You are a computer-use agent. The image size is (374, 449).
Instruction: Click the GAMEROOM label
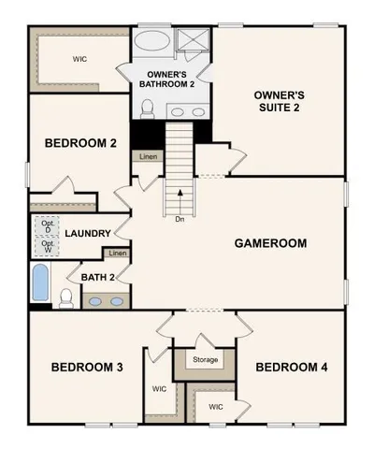(270, 243)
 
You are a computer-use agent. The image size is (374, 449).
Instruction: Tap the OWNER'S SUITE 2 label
(280, 103)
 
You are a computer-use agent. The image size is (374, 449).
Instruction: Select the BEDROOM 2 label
(80, 144)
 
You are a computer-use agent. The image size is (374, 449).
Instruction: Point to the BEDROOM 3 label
(87, 367)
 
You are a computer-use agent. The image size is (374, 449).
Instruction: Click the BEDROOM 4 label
(292, 367)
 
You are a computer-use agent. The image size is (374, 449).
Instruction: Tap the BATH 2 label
(97, 277)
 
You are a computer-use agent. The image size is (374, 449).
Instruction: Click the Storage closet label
(206, 360)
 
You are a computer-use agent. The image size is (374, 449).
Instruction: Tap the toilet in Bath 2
(65, 298)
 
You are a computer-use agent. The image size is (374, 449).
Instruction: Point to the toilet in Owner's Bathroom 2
(146, 109)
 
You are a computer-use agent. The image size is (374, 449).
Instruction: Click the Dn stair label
(179, 221)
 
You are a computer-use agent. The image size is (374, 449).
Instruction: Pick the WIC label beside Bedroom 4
(216, 408)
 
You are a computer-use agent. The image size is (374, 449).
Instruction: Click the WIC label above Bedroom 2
(79, 58)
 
